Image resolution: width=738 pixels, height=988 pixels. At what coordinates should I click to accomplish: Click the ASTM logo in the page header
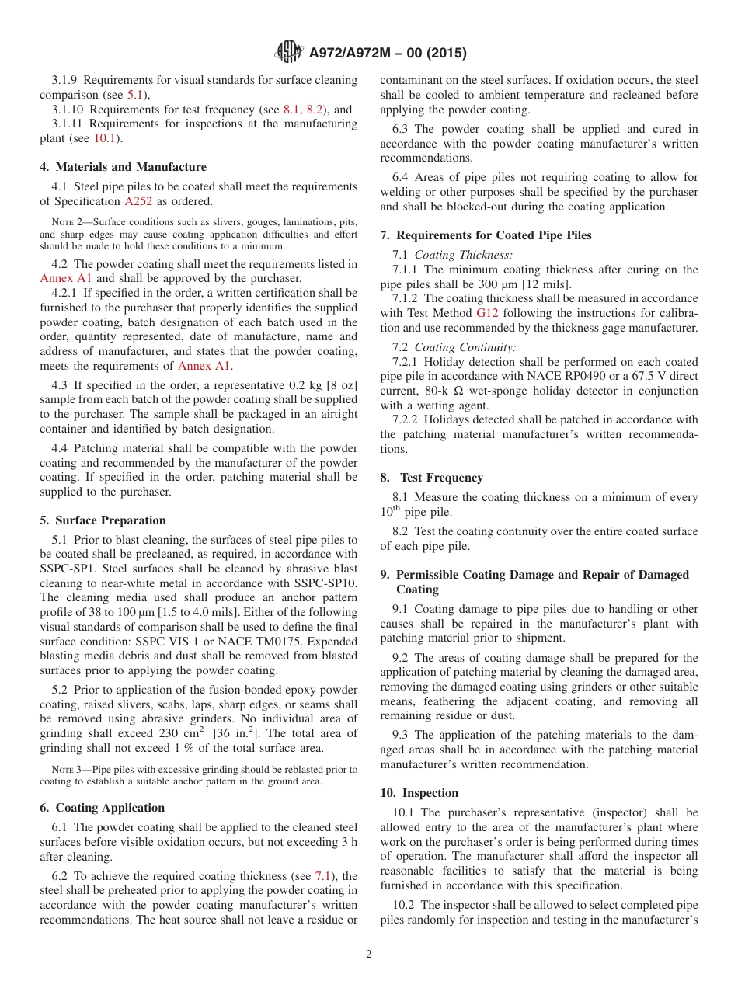tap(289, 52)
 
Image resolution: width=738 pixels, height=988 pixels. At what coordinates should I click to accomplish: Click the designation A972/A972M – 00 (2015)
tap(388, 53)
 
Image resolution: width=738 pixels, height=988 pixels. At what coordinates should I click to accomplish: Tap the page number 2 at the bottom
tap(369, 954)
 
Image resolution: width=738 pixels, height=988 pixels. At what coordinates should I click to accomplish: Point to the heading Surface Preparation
tap(110, 520)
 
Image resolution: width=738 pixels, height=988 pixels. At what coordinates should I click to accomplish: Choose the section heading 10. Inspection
tap(419, 793)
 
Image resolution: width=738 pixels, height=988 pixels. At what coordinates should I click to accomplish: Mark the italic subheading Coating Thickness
tap(463, 255)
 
